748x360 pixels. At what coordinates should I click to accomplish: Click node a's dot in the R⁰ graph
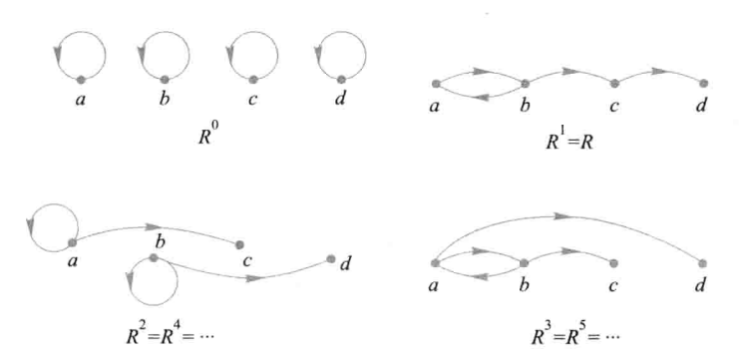pos(81,79)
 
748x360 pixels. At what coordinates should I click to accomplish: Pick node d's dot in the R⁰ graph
pos(340,79)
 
